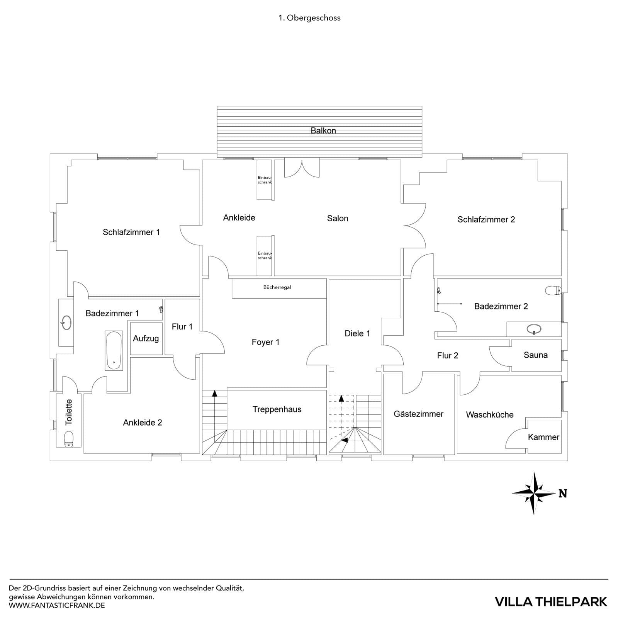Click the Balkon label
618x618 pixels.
323,131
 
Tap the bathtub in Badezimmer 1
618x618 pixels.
114,350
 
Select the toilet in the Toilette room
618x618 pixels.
69,439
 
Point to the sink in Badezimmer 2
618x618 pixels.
534,329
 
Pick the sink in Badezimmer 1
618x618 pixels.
66,323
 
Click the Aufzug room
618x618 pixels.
146,339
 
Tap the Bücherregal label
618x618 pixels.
277,287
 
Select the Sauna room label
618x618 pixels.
535,355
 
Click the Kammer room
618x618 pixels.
543,437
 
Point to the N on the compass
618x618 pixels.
563,494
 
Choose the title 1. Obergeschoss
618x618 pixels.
309,18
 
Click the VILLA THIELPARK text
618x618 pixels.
551,601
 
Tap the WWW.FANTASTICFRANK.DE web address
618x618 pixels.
57,605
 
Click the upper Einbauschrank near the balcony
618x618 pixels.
265,180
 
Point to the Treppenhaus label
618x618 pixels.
277,409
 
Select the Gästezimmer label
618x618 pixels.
418,414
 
